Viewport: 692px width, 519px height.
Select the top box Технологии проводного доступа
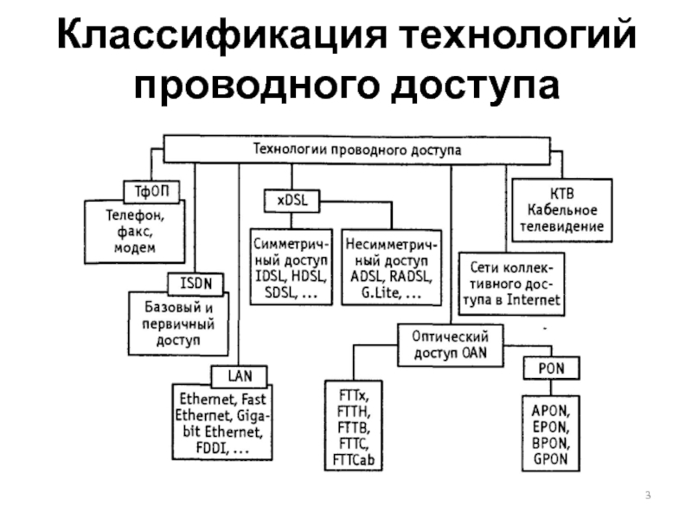(x=356, y=150)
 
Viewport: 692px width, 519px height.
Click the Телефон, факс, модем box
(x=135, y=230)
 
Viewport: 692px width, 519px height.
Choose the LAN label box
(x=239, y=376)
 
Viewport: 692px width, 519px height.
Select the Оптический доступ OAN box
(x=450, y=343)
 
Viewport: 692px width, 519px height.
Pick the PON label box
(x=545, y=369)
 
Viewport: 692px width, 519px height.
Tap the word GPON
(x=551, y=458)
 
